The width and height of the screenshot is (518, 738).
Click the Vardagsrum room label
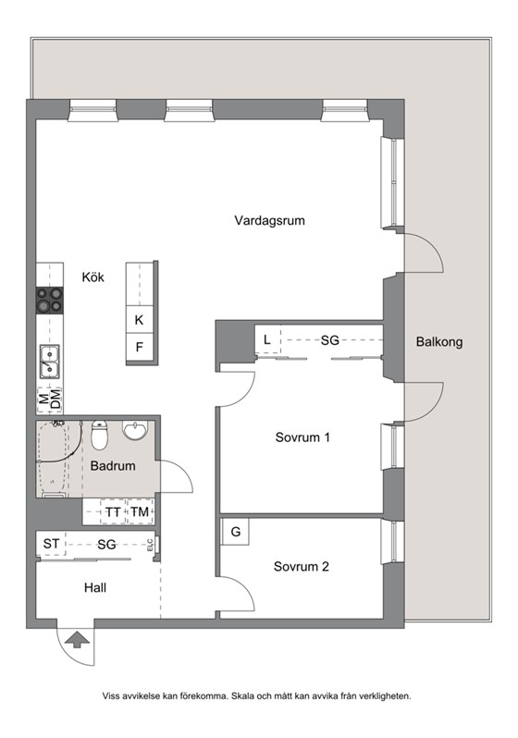pyautogui.click(x=269, y=220)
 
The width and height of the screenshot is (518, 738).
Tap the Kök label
pyautogui.click(x=92, y=277)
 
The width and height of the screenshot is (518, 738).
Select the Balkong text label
pyautogui.click(x=438, y=341)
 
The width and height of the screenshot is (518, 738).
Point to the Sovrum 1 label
pyautogui.click(x=302, y=437)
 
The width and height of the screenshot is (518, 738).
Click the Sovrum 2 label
pyautogui.click(x=301, y=566)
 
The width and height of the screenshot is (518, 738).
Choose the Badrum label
pyautogui.click(x=113, y=466)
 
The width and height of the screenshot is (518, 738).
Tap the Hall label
pyautogui.click(x=95, y=587)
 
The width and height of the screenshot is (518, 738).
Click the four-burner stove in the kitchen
pyautogui.click(x=49, y=301)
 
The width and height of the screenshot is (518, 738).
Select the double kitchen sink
pyautogui.click(x=49, y=362)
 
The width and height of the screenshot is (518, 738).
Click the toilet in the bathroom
pyautogui.click(x=99, y=435)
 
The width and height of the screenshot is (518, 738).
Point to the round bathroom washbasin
pyautogui.click(x=135, y=430)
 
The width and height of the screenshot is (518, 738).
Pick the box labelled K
pyautogui.click(x=140, y=320)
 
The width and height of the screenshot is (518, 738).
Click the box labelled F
pyautogui.click(x=140, y=348)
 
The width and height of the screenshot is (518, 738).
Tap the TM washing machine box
pyautogui.click(x=140, y=511)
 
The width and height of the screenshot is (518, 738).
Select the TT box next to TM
pyautogui.click(x=113, y=511)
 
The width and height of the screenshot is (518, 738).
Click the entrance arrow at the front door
pyautogui.click(x=76, y=640)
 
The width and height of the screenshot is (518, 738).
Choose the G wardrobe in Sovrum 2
pyautogui.click(x=235, y=532)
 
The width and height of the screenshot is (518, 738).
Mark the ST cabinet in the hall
pyautogui.click(x=51, y=544)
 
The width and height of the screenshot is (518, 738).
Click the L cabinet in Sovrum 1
pyautogui.click(x=267, y=339)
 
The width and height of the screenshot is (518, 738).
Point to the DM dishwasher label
pyautogui.click(x=56, y=400)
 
